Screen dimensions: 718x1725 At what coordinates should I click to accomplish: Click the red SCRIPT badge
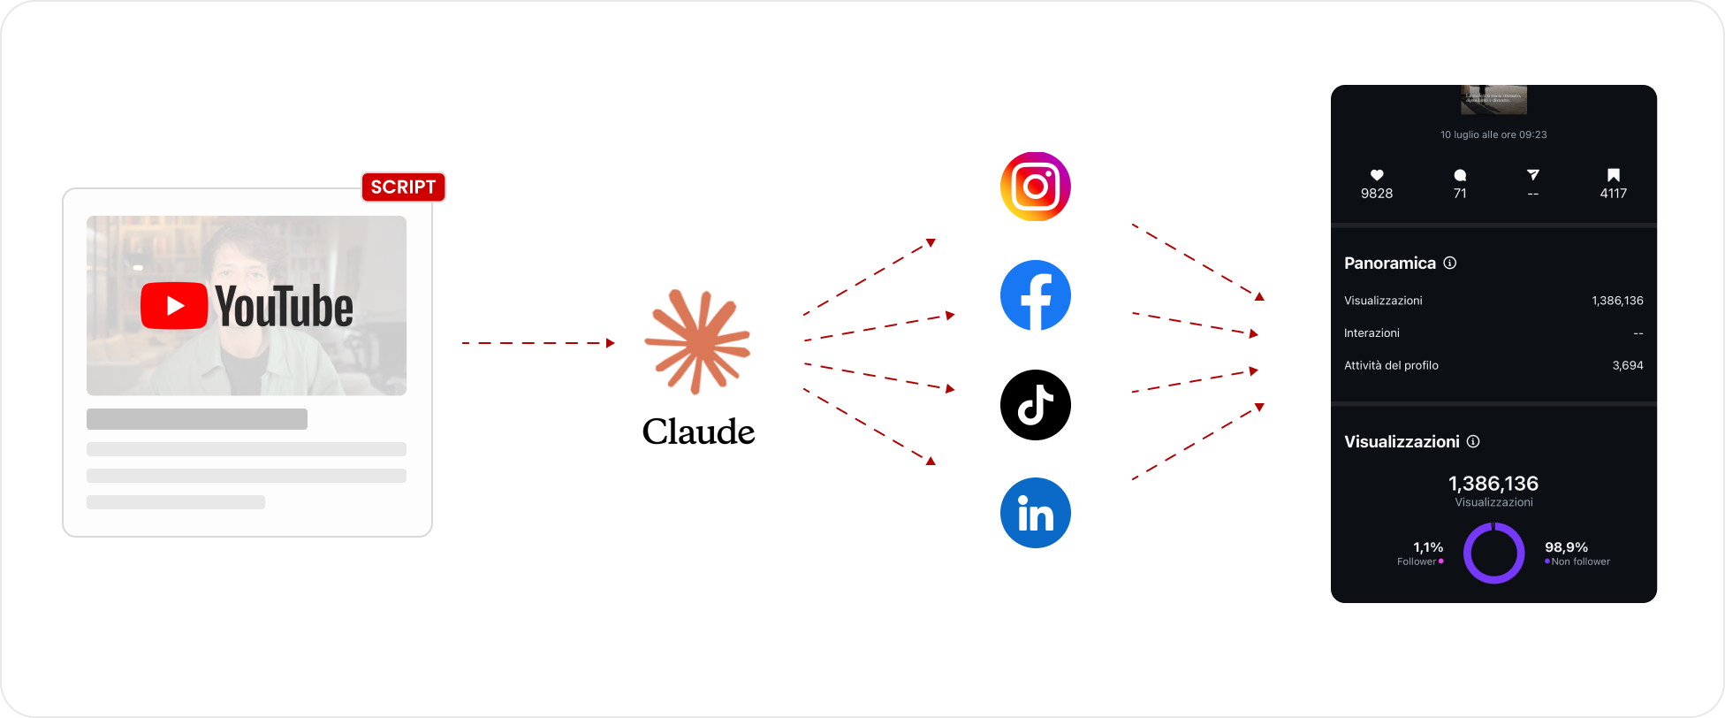(x=403, y=187)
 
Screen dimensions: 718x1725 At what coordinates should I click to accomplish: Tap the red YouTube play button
(x=174, y=306)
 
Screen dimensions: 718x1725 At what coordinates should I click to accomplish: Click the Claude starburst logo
(x=697, y=341)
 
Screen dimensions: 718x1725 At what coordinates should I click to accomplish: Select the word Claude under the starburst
(x=698, y=432)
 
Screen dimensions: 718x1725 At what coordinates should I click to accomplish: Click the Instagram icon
(x=1035, y=187)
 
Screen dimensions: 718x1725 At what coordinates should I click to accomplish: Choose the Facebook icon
(x=1035, y=295)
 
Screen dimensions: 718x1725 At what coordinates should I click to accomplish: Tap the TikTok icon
(x=1035, y=405)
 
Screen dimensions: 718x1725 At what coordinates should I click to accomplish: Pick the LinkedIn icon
(x=1035, y=513)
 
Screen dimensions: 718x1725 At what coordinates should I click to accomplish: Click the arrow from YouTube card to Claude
(x=537, y=343)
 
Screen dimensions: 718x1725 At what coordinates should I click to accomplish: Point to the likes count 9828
(x=1377, y=194)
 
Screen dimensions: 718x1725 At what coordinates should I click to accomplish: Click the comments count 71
(x=1460, y=194)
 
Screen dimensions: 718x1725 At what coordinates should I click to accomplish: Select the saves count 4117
(x=1613, y=194)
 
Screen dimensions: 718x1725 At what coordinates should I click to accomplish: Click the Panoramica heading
(x=1389, y=264)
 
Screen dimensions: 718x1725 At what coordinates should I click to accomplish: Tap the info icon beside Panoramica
(x=1449, y=263)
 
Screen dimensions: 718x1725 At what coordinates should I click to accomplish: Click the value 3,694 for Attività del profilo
(x=1627, y=365)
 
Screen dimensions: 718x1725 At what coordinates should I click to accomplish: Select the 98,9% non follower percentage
(x=1566, y=547)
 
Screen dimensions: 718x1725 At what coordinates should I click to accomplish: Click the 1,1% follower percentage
(x=1428, y=547)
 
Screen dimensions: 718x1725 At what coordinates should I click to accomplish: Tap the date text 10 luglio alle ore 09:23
(x=1493, y=135)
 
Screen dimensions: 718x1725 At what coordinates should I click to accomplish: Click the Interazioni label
(x=1372, y=333)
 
